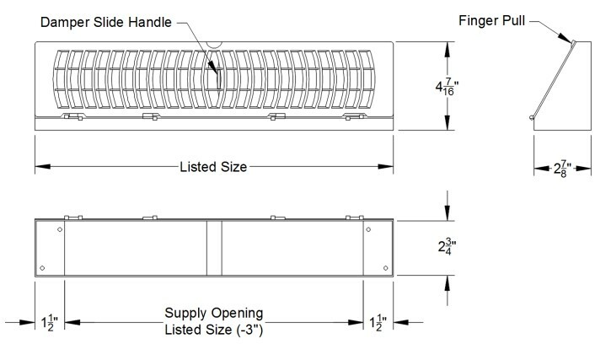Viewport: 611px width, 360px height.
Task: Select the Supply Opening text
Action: [x=214, y=314]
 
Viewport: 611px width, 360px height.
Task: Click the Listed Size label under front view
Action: [x=213, y=167]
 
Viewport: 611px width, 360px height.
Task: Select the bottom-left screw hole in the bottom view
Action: [x=42, y=269]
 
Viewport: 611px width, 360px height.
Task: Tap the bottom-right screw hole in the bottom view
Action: [x=385, y=269]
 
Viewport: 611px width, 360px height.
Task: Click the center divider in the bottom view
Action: [x=214, y=248]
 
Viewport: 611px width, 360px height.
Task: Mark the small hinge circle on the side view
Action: [x=531, y=118]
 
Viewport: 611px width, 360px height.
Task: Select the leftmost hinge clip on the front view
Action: [x=74, y=118]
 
